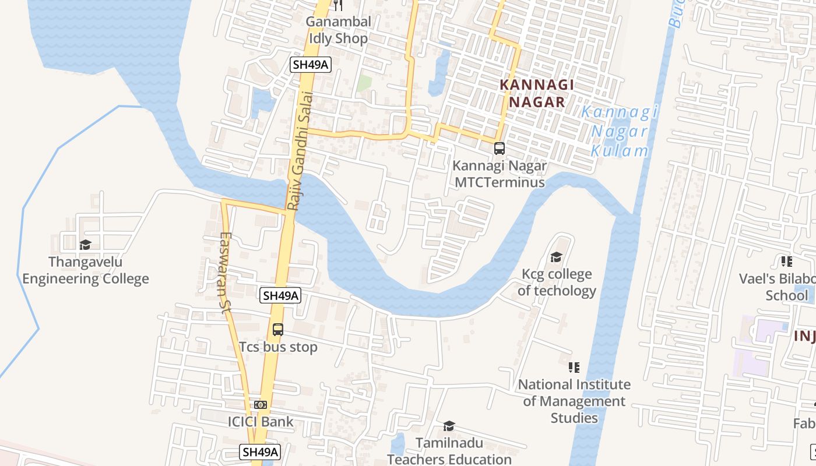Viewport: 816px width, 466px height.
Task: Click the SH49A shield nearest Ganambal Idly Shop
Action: click(x=311, y=64)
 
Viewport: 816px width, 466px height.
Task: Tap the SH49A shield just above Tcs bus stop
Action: click(x=280, y=295)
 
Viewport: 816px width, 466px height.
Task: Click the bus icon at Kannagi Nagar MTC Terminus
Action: click(x=500, y=148)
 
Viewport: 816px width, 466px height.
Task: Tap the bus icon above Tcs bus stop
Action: click(x=278, y=330)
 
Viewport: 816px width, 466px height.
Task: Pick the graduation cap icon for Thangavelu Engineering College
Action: click(x=86, y=245)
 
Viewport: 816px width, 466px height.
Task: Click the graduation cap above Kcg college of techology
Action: click(x=556, y=257)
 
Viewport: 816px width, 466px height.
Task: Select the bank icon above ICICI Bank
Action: click(x=261, y=404)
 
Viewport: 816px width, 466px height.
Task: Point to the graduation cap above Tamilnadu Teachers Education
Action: click(x=449, y=426)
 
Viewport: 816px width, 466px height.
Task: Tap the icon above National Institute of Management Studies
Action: click(x=574, y=368)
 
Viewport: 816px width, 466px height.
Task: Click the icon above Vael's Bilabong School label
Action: click(x=787, y=262)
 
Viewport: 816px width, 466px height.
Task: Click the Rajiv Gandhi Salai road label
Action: click(x=300, y=151)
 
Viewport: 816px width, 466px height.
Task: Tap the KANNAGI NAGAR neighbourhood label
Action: click(x=537, y=93)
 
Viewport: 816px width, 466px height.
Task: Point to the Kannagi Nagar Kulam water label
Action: click(x=620, y=132)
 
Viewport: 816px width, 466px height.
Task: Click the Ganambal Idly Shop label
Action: click(x=338, y=30)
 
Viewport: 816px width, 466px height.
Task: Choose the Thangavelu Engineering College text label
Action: click(x=86, y=270)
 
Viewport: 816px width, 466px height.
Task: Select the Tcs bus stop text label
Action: click(x=278, y=347)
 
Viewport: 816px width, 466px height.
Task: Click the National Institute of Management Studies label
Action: click(x=574, y=401)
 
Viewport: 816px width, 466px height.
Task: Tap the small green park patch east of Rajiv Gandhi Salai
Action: click(x=364, y=83)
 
